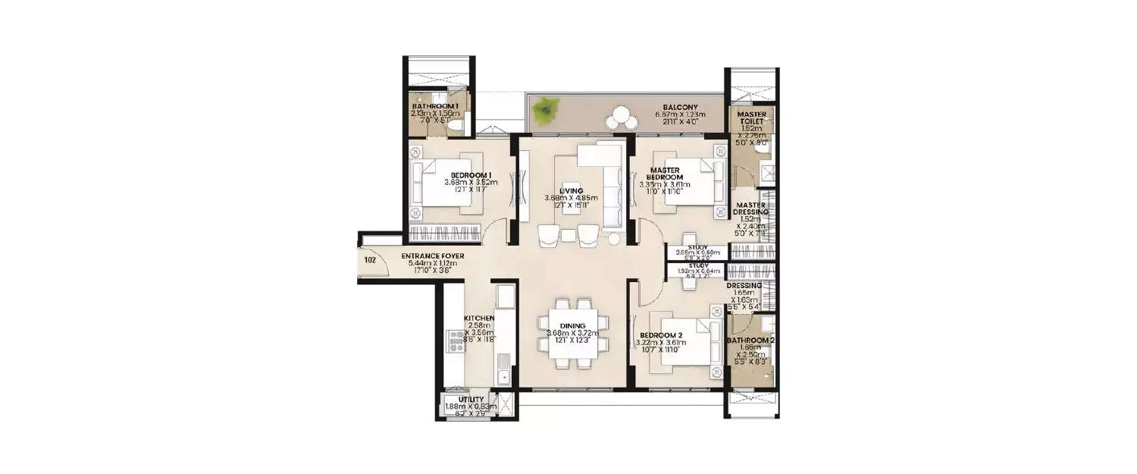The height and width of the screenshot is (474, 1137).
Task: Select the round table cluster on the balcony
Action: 623,118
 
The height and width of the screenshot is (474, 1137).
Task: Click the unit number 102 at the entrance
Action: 370,259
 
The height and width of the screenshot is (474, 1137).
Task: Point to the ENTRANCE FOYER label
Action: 432,256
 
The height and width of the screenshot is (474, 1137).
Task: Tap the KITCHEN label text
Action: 479,318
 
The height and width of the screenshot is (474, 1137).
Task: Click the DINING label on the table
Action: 572,325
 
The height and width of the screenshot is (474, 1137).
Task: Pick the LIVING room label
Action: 571,190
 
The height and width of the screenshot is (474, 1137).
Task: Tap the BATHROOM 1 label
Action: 435,106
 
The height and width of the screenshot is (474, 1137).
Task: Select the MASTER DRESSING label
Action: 751,209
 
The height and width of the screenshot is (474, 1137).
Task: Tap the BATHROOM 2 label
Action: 750,341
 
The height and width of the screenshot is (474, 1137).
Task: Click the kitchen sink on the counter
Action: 504,373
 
